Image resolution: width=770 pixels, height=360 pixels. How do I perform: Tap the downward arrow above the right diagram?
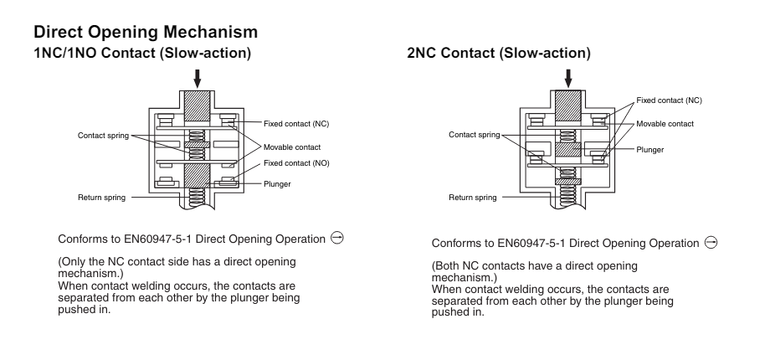click(x=569, y=77)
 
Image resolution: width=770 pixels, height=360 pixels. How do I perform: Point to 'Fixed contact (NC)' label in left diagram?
click(x=296, y=122)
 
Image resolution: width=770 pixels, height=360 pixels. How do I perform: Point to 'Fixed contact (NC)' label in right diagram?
click(x=669, y=100)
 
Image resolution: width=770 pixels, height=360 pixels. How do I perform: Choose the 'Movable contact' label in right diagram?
click(x=665, y=123)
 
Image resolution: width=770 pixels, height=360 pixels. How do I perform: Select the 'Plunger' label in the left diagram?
click(x=277, y=183)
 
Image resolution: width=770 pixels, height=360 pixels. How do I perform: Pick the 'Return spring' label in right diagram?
click(x=473, y=198)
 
